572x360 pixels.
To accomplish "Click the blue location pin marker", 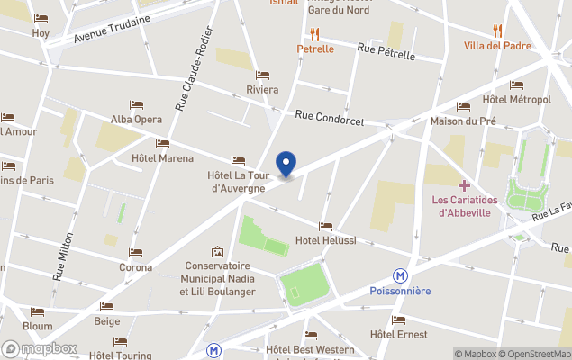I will click(x=286, y=164).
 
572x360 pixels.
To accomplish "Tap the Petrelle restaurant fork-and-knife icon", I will click(x=315, y=34).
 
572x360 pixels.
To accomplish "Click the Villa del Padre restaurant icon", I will click(x=497, y=31).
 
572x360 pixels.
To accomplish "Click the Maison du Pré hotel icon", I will click(x=463, y=106).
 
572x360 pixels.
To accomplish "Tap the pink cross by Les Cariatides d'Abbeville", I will click(x=465, y=184).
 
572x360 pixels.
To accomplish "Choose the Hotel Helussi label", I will click(x=325, y=241).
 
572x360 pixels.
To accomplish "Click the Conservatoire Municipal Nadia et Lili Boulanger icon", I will click(x=217, y=252).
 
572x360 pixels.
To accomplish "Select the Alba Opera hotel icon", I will click(x=136, y=105).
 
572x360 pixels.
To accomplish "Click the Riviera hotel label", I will click(x=262, y=90).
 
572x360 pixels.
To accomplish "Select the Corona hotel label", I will click(x=135, y=267).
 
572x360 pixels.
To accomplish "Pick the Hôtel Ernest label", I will click(x=398, y=334).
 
